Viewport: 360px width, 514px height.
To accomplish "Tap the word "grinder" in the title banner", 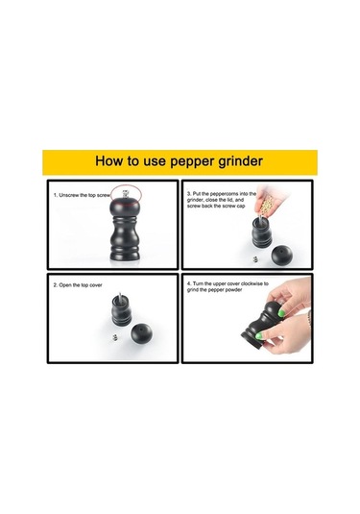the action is pos(240,162).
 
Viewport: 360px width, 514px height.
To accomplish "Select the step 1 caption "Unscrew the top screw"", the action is pos(82,195).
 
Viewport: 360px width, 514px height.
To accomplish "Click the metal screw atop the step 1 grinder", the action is pos(125,194).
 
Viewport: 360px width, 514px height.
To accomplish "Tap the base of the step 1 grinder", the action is pos(125,256).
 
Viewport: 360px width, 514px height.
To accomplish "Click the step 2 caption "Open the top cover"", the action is pos(78,285).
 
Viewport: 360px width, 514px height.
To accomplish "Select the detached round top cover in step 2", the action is pos(141,333).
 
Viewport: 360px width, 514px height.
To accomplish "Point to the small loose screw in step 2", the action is pos(115,336).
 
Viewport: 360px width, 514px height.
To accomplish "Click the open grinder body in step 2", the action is pos(122,310).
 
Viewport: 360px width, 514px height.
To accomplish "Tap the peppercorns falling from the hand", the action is pos(267,204).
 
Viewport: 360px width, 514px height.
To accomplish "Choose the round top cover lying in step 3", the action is pos(281,256).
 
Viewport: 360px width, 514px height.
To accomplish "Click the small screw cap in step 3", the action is pos(255,259).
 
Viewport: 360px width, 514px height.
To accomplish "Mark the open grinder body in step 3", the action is pos(262,232).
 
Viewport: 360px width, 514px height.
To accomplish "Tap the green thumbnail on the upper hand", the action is pos(281,313).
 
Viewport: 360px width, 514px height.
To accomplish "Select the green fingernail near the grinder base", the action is pos(259,336).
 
